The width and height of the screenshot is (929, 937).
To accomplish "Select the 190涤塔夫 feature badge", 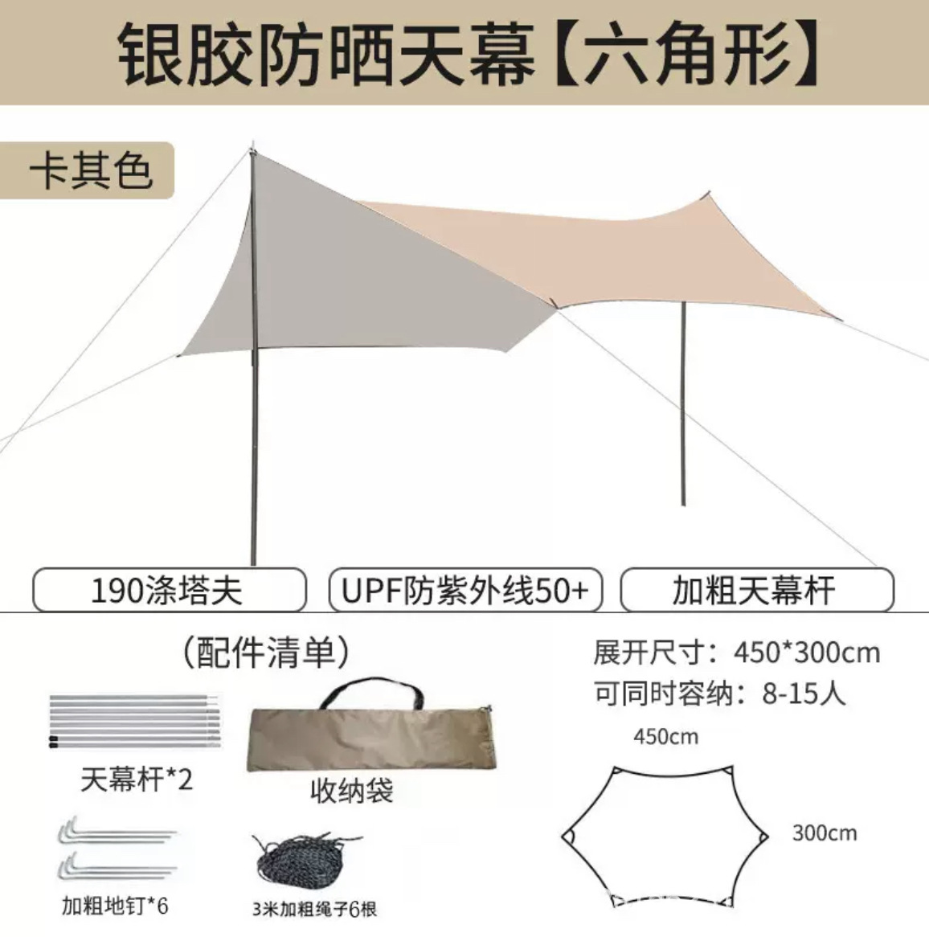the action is pos(168,591).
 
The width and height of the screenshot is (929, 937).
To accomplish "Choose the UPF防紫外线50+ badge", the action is pos(464,591).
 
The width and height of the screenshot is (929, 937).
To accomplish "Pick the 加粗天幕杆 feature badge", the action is pos(755,591).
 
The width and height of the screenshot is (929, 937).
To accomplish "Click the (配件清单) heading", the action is pos(266,653).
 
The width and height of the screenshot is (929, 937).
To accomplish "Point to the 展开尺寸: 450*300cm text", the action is pos(736,653).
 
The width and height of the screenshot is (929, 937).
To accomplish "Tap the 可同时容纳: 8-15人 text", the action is pos(719,693).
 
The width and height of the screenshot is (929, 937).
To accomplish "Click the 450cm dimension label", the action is pos(665,736).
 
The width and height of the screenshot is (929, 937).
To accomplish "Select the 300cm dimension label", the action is pos(824,833).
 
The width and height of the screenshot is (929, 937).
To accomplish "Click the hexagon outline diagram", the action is pos(664,836).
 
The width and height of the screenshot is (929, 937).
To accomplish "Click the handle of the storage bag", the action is pos(370,692).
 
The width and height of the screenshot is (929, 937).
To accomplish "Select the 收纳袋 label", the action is pos(351,792).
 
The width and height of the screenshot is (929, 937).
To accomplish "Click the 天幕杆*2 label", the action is pos(137,779).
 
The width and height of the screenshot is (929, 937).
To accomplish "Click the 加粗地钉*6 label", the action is pos(115,906).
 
